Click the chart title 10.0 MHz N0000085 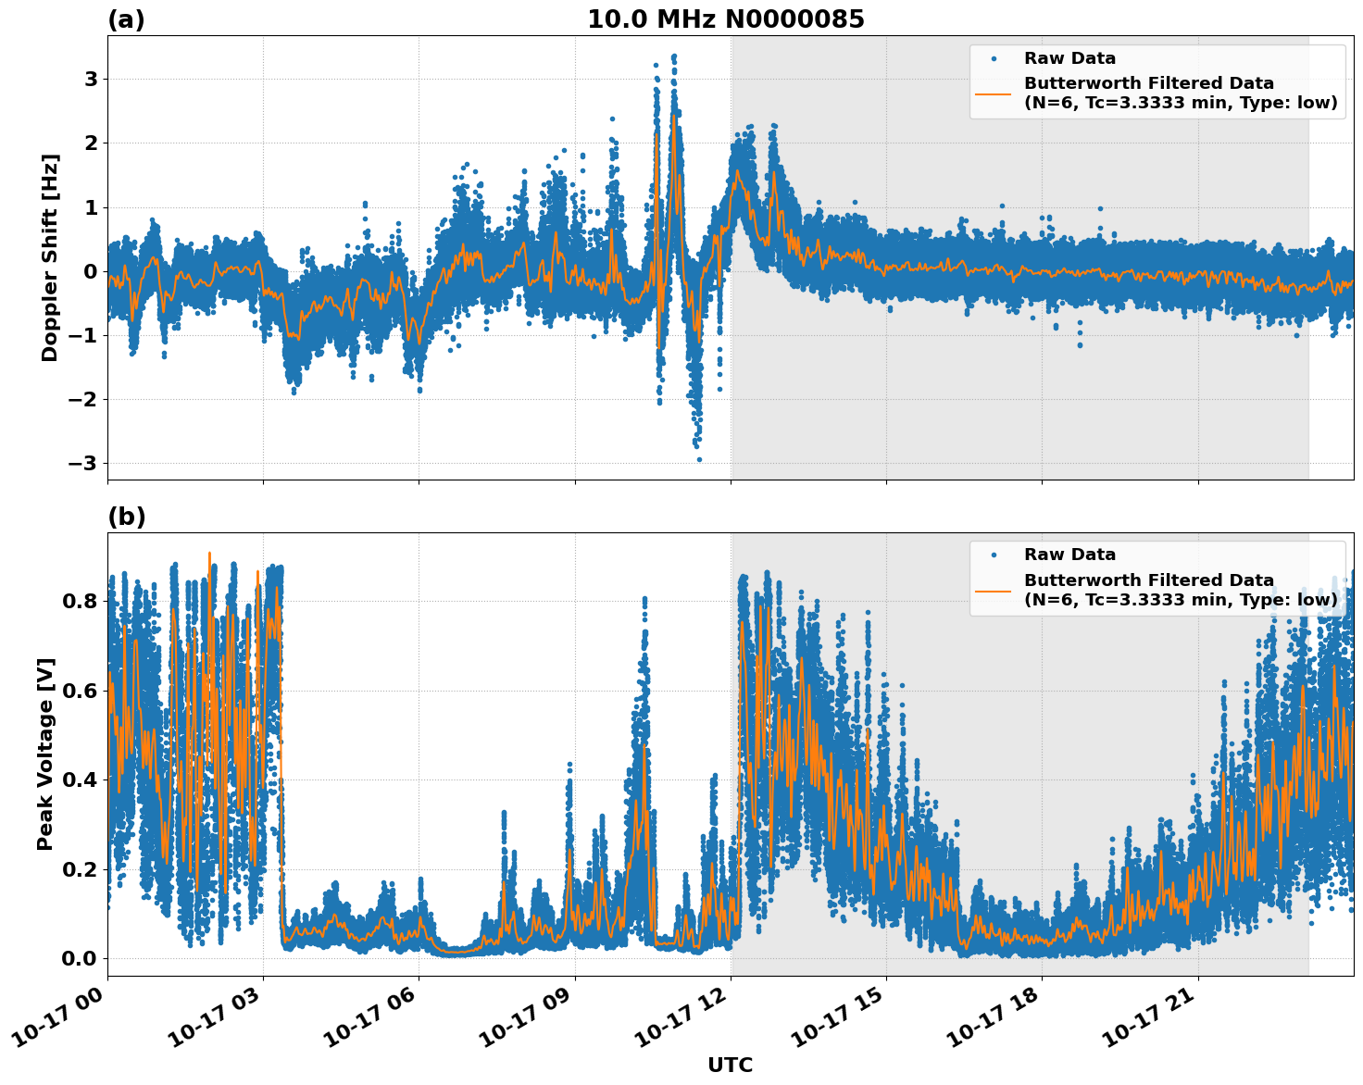[726, 19]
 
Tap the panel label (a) [126, 19]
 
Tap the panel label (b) [126, 517]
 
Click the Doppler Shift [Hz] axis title [50, 257]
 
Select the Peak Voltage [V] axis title [45, 754]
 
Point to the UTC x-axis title [730, 1066]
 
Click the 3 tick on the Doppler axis [91, 80]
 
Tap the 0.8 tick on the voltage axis [80, 601]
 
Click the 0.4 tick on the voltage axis [80, 779]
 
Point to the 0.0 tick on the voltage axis [80, 958]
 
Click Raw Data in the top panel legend [1069, 58]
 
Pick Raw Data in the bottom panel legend [1069, 555]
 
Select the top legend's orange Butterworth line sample [993, 94]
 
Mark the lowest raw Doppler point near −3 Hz [699, 459]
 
